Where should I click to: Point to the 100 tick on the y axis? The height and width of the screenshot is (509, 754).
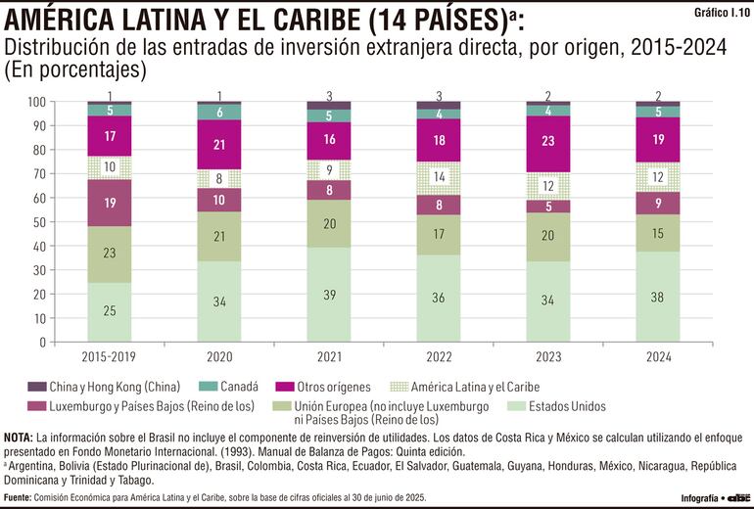click(x=36, y=102)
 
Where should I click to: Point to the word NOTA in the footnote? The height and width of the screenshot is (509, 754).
click(x=19, y=436)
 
